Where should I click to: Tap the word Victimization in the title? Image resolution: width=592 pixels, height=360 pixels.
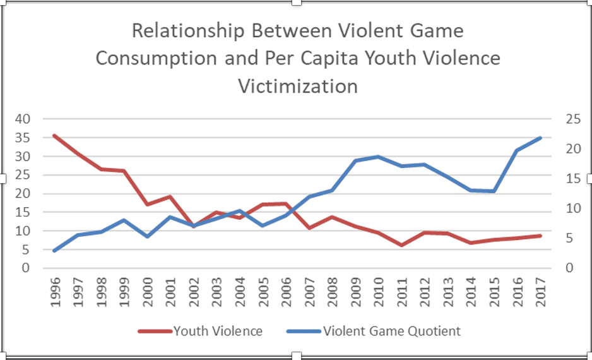point(299,86)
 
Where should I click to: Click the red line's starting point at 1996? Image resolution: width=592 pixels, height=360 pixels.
point(55,135)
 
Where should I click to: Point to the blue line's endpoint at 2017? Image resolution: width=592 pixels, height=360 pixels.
point(540,138)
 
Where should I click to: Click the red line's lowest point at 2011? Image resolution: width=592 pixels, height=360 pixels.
point(401,245)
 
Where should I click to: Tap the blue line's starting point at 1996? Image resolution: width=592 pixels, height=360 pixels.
point(55,251)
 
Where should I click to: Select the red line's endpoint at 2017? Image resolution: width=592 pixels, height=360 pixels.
point(540,236)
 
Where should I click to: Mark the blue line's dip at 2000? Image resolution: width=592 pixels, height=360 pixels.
point(147,236)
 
